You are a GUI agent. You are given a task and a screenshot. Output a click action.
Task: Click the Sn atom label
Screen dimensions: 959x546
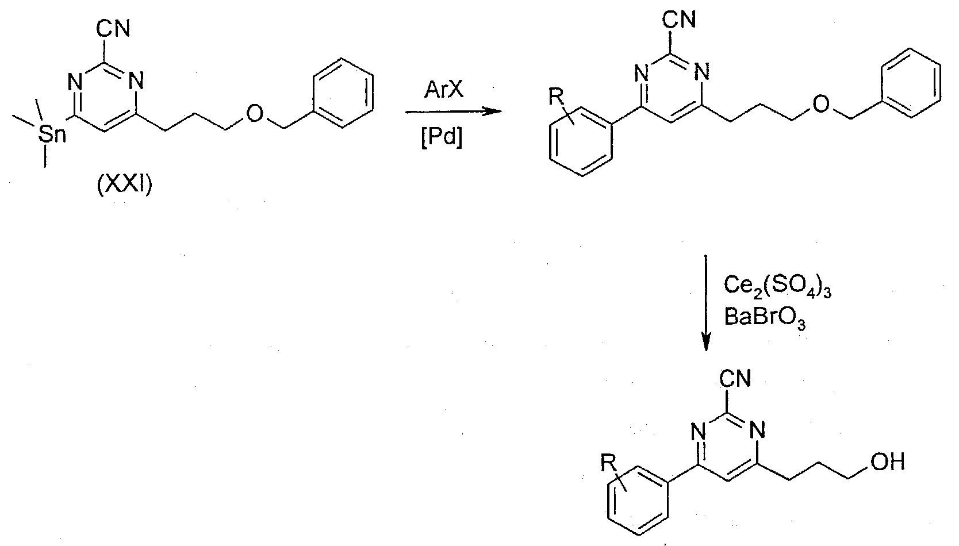tap(52, 135)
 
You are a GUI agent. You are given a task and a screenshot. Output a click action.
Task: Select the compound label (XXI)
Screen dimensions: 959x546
tap(124, 185)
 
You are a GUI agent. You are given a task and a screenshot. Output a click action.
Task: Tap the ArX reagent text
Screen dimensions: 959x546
tap(443, 90)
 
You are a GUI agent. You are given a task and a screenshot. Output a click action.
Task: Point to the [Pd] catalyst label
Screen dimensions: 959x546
tap(442, 138)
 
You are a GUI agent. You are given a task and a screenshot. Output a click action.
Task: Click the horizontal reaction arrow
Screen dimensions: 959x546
tap(454, 112)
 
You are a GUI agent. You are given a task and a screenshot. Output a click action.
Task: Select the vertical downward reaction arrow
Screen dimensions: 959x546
tap(706, 303)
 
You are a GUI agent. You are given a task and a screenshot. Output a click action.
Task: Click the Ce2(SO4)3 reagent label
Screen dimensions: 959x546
tap(777, 287)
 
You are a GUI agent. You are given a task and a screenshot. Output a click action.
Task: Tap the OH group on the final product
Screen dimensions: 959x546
tap(888, 462)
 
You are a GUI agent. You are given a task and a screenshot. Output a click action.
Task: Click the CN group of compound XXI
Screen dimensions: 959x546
tap(113, 29)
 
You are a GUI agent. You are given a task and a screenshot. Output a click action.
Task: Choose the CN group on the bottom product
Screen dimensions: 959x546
tap(735, 379)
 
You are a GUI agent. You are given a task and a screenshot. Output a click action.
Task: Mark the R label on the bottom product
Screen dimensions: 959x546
tap(608, 463)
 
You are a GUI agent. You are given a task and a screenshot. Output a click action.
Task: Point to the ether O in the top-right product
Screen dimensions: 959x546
tap(820, 105)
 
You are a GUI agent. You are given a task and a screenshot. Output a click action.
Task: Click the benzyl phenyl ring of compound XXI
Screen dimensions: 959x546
tap(343, 93)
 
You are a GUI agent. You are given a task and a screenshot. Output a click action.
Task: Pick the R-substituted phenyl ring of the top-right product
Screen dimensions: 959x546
tap(581, 141)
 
